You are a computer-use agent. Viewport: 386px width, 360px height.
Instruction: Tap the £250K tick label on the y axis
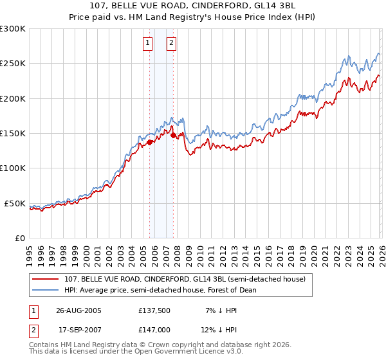click(x=13, y=64)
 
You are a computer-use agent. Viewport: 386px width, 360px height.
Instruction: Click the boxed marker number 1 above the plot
click(x=148, y=43)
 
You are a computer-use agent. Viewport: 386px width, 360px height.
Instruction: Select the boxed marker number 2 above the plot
click(x=172, y=43)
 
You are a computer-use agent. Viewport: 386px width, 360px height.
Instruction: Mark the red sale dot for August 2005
click(x=150, y=142)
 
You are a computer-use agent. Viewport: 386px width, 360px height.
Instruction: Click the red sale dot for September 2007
click(x=173, y=136)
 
